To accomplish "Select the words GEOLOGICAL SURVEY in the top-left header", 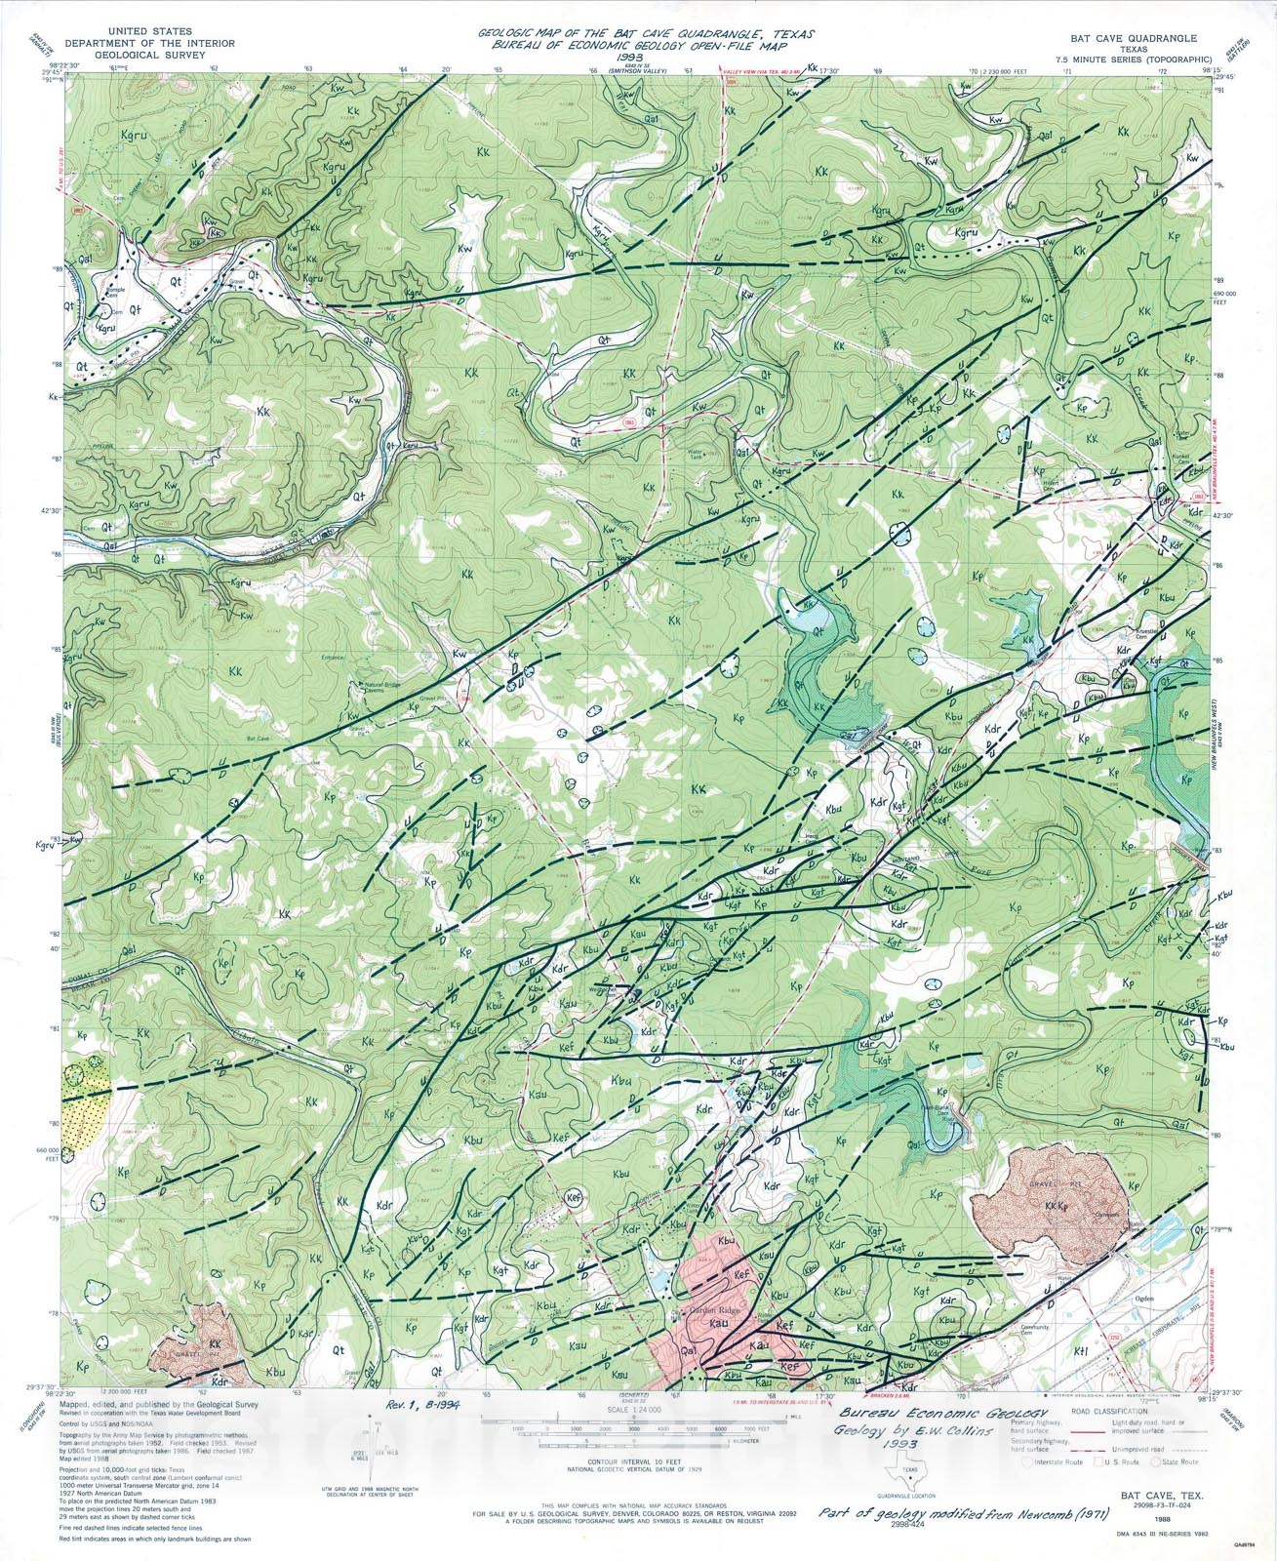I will (x=136, y=56).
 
